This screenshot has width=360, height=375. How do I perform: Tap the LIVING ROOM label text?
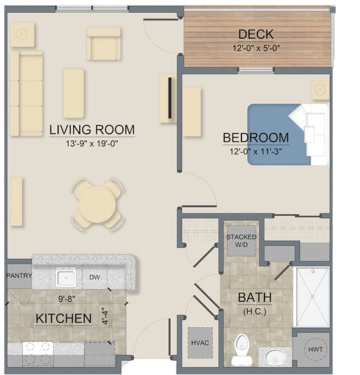point(92,130)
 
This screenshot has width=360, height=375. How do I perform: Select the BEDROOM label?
point(256,138)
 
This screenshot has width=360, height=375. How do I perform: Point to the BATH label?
point(254,297)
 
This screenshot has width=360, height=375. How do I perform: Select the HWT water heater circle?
point(312,349)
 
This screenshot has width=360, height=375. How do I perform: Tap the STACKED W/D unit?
point(241,241)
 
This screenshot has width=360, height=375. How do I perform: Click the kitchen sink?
point(66,277)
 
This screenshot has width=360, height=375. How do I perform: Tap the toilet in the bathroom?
point(241,348)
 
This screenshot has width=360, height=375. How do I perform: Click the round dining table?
point(97,204)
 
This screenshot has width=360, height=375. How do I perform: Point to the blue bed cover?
point(271,134)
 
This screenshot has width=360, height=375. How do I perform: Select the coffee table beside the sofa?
point(74,93)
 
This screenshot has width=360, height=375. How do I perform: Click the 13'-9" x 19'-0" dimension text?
point(92,143)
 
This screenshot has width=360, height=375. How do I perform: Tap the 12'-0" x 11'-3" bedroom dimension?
point(256,151)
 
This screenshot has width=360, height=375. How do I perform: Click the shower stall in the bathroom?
point(312,297)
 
